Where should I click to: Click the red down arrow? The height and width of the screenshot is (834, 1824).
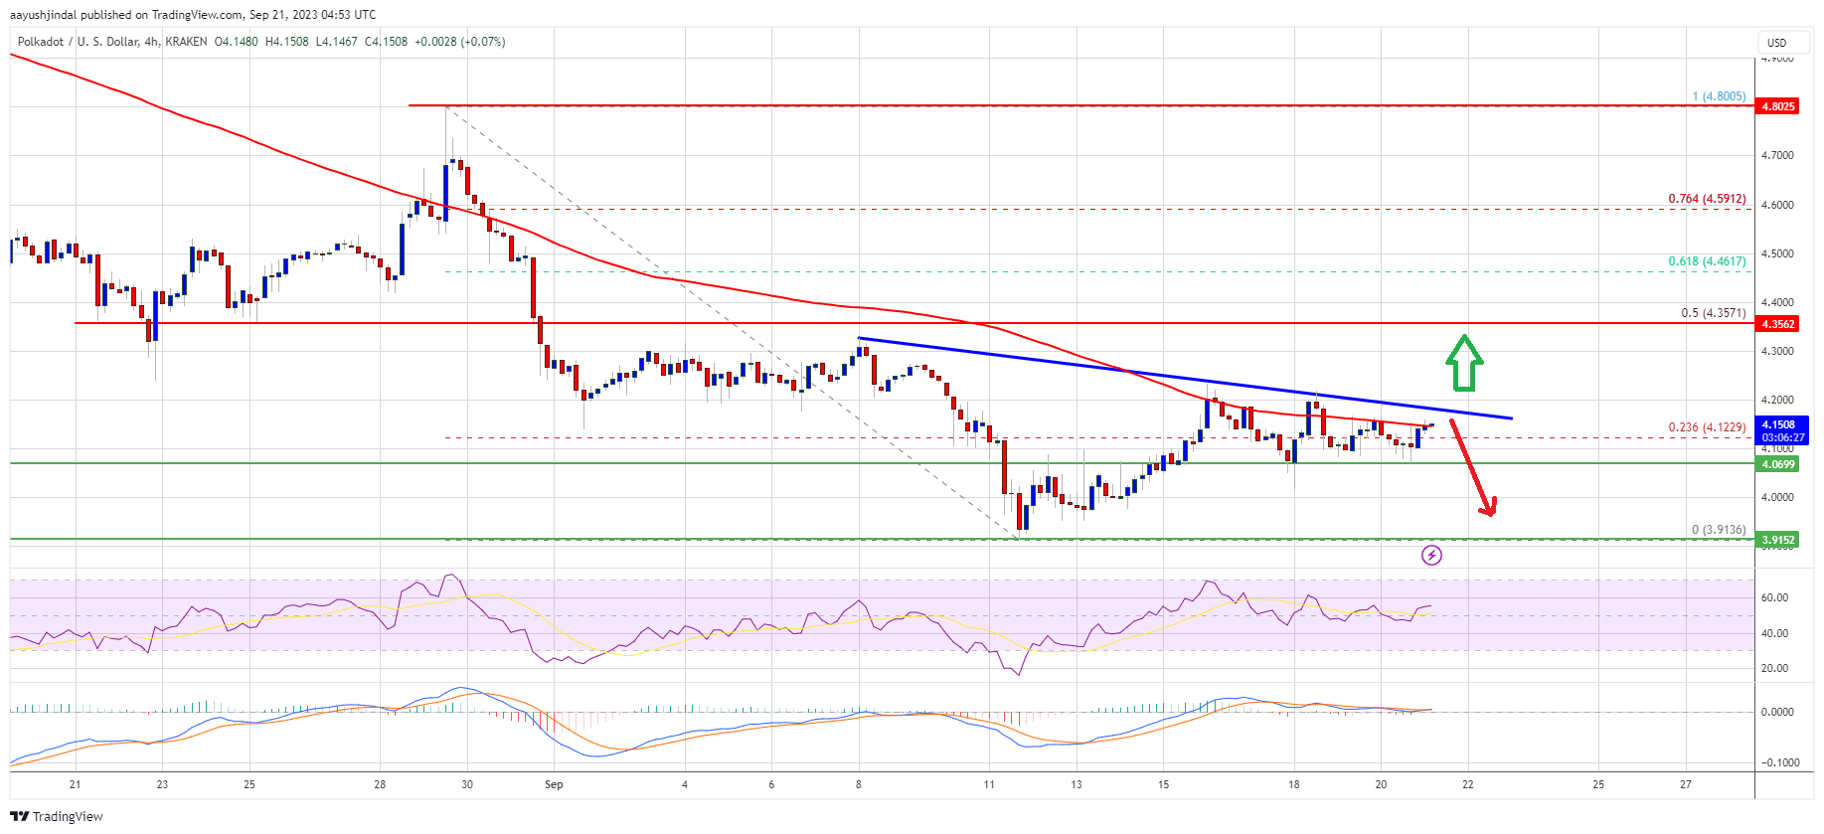tap(1472, 467)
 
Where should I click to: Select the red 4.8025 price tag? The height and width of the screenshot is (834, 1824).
tap(1777, 106)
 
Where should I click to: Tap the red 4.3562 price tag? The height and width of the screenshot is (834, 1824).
tap(1777, 324)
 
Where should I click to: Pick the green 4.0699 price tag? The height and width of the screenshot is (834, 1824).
tap(1777, 464)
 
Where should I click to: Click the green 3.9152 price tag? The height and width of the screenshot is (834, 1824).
tap(1777, 540)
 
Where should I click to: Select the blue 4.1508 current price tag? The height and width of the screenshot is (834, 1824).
tap(1781, 430)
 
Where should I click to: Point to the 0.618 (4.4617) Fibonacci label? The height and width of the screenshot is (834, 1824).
tap(1706, 261)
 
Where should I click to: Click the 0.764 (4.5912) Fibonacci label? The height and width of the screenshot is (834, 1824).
tap(1706, 199)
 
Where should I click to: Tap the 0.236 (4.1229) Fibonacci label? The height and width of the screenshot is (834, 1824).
tap(1706, 427)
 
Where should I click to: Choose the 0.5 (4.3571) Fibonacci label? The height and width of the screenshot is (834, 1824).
tap(1713, 312)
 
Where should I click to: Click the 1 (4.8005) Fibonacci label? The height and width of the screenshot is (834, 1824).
tap(1718, 96)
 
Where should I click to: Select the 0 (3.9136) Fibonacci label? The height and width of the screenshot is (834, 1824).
tap(1718, 530)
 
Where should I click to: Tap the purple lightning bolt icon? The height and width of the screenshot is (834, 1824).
tap(1431, 555)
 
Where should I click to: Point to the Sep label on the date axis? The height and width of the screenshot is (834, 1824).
tap(554, 784)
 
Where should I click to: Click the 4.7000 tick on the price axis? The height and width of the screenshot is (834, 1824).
tap(1777, 155)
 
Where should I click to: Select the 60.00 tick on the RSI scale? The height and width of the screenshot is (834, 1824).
tap(1774, 597)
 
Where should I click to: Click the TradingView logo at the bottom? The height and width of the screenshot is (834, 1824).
tap(57, 816)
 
